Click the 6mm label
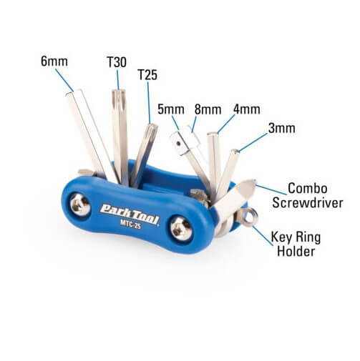tap(54, 61)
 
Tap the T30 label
tap(117, 62)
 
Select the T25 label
tap(147, 75)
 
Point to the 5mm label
tap(171, 109)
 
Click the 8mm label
tap(208, 109)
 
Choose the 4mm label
tap(247, 109)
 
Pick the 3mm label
tap(282, 128)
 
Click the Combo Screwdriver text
tap(308, 196)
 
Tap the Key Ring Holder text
tap(296, 244)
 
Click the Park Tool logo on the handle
tap(130, 214)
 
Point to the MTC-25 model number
tap(130, 224)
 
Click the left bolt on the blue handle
tap(80, 204)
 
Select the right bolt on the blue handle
tap(181, 228)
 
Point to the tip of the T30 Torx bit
tap(119, 90)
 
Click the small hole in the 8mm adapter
tap(178, 144)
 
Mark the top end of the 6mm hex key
tap(74, 92)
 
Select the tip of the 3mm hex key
tap(235, 151)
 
